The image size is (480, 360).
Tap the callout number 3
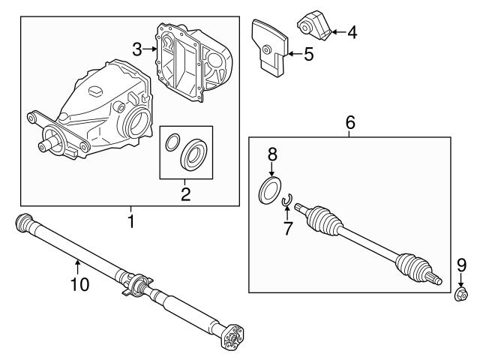point(136,49)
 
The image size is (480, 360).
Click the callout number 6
point(350,123)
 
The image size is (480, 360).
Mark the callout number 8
point(272,154)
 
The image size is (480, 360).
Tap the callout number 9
point(460,264)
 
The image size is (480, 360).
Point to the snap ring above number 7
point(286,200)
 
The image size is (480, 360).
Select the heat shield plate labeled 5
point(269,45)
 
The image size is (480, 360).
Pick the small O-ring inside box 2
point(172,140)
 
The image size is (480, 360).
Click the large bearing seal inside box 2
point(194,153)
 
